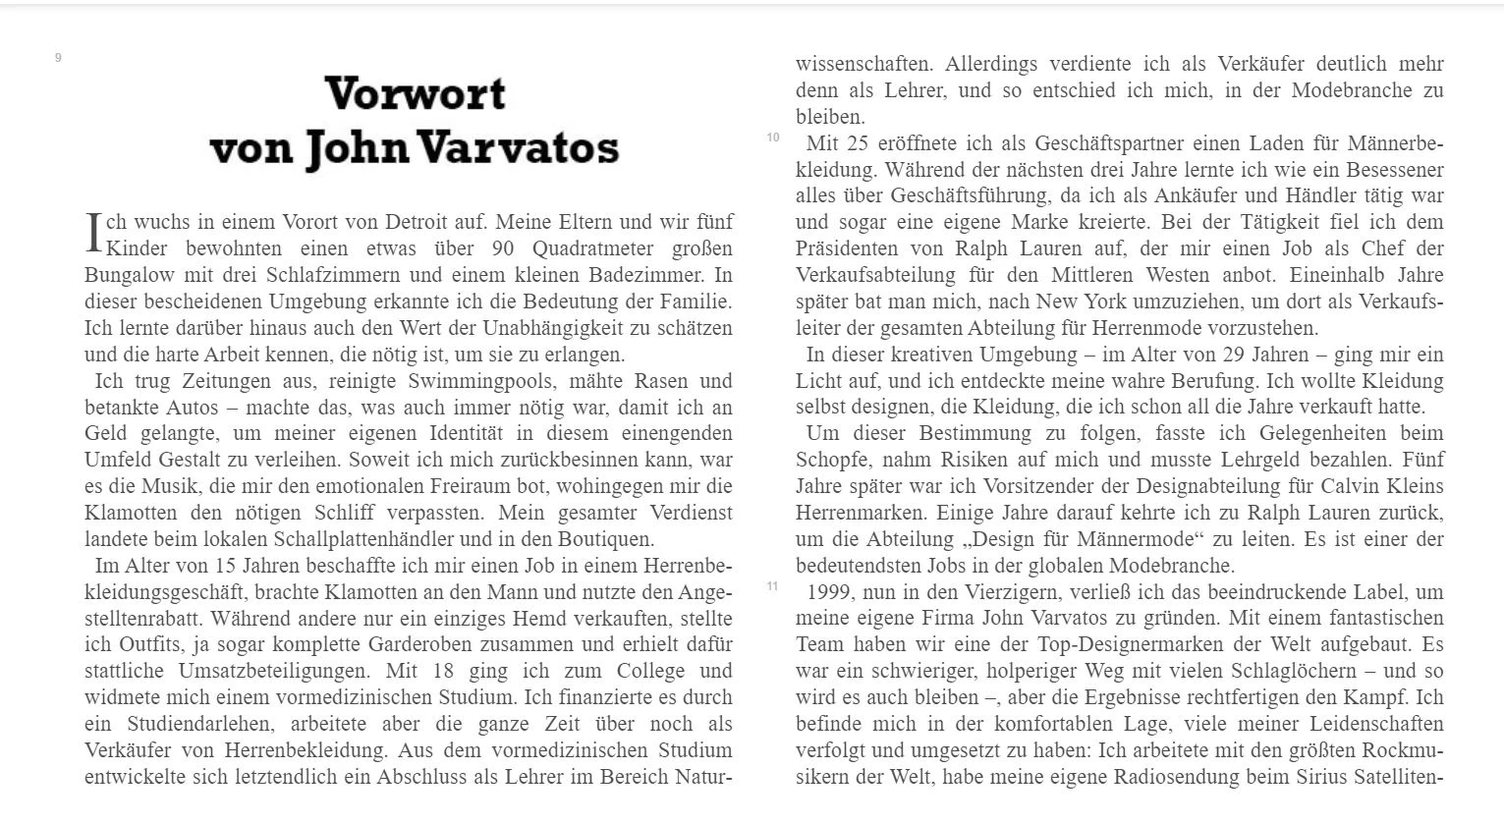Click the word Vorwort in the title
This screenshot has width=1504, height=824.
tap(415, 94)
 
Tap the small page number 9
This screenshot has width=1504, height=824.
tap(58, 58)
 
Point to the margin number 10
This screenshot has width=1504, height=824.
tap(773, 137)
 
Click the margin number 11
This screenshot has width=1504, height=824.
tap(773, 586)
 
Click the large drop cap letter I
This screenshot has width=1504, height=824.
tap(94, 234)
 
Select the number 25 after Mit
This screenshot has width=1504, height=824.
tap(858, 143)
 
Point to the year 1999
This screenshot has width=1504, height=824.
tap(830, 592)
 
